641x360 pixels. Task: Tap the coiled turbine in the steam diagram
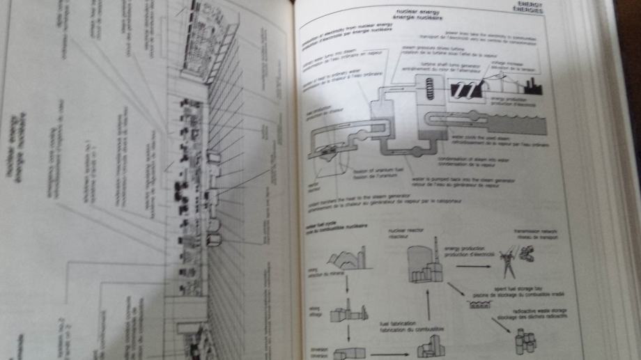pyautogui.click(x=429, y=88)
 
